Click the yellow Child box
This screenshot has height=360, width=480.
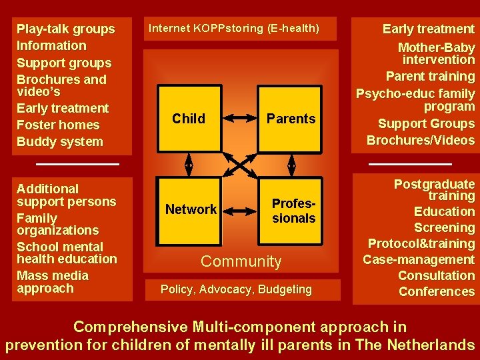click(x=189, y=119)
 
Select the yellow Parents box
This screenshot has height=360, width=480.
click(x=291, y=119)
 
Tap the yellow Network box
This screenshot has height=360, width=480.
click(x=191, y=209)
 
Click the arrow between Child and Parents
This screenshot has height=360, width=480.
click(x=240, y=119)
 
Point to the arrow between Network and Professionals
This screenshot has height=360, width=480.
click(x=240, y=210)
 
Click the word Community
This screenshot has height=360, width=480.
click(x=241, y=261)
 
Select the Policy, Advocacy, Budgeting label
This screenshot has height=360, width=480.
click(x=236, y=289)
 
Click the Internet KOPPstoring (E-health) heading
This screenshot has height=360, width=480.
click(x=233, y=29)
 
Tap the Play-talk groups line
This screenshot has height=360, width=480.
click(x=65, y=29)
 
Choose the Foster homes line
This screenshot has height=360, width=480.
click(x=58, y=125)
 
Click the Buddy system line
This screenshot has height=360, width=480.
click(x=60, y=141)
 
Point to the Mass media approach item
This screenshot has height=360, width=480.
click(x=52, y=282)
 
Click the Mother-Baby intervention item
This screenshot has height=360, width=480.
click(x=437, y=53)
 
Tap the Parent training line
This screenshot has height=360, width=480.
click(x=431, y=77)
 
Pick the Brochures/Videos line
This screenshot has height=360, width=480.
click(x=421, y=140)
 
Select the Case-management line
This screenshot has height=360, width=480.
click(x=419, y=259)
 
